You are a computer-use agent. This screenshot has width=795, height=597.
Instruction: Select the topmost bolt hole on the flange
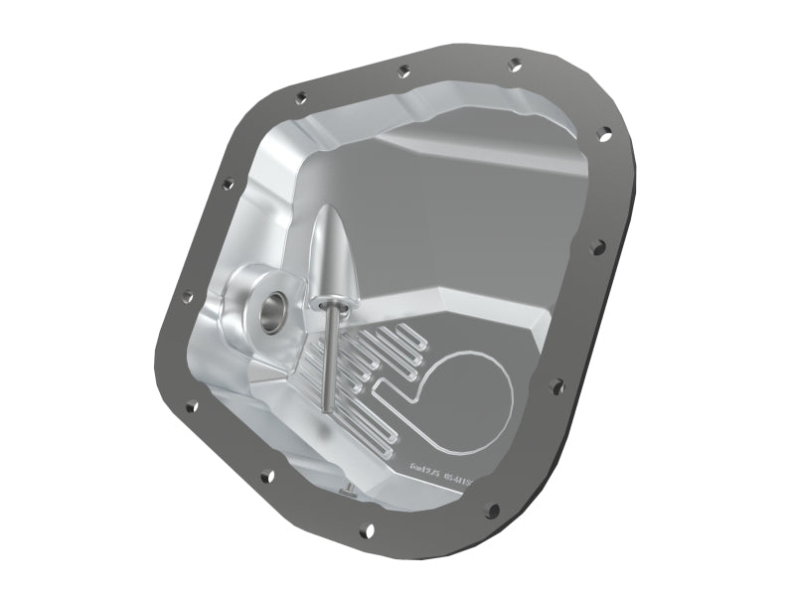515,65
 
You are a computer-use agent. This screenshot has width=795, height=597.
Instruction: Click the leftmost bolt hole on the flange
187,296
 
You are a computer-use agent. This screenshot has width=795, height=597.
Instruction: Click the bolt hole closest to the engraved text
492,510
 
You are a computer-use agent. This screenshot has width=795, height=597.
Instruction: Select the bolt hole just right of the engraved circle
556,384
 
